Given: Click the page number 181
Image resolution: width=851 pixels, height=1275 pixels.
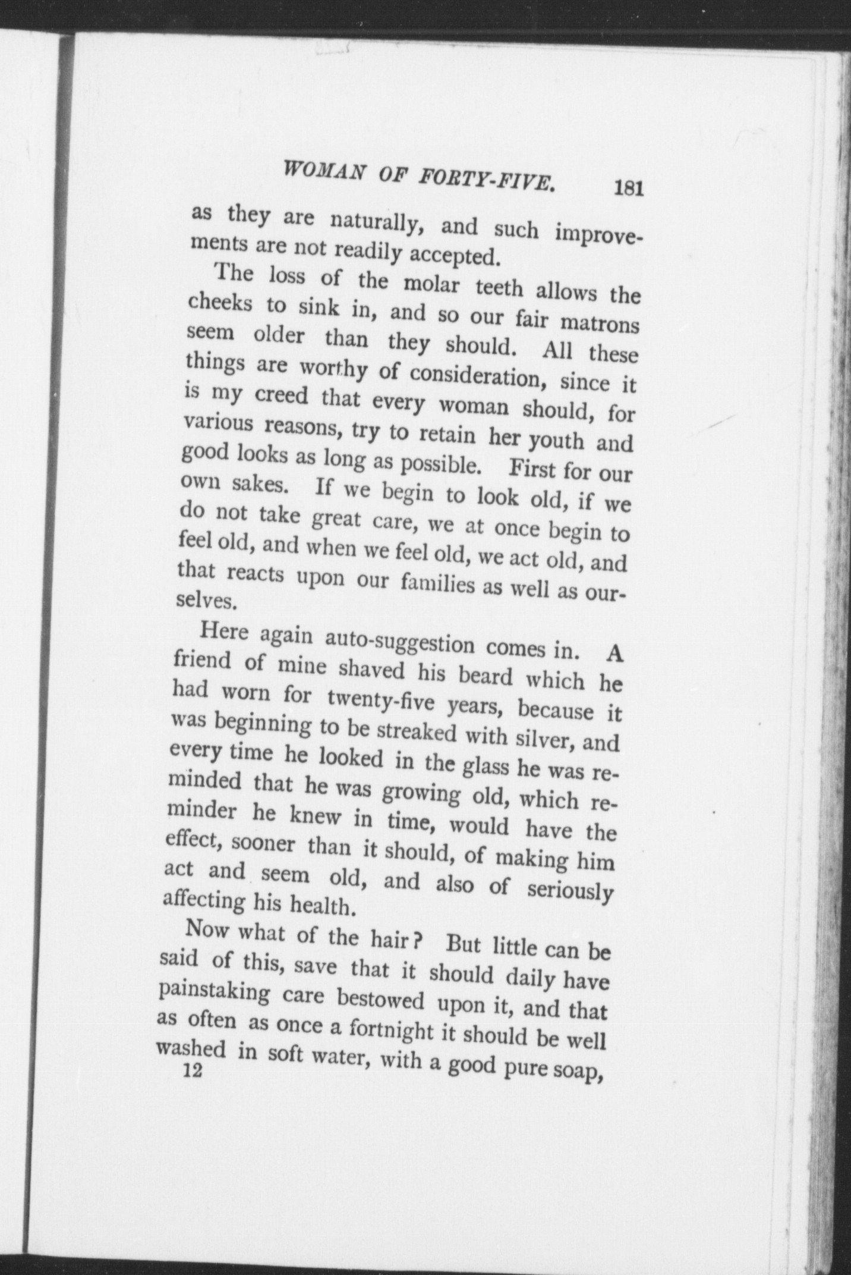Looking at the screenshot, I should tap(629, 188).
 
